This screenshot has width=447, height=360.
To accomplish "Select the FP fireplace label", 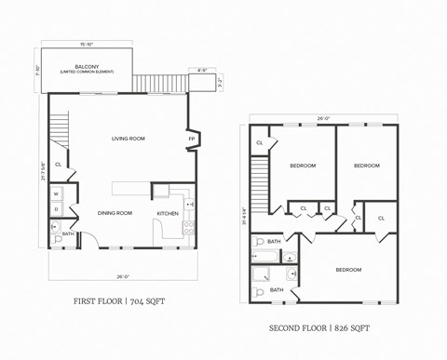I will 191,139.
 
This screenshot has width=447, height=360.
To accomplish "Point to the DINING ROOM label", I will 115,213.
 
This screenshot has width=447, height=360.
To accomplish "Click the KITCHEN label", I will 168,213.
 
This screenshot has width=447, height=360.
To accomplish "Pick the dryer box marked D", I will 55,209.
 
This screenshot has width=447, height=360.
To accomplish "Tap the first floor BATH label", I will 68,233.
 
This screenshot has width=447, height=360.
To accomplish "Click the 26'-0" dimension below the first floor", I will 123,275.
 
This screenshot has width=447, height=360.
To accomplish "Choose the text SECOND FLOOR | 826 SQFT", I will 319,327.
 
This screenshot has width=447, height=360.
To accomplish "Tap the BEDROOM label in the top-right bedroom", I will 367,166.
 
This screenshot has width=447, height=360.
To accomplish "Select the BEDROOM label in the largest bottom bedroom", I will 348,270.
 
